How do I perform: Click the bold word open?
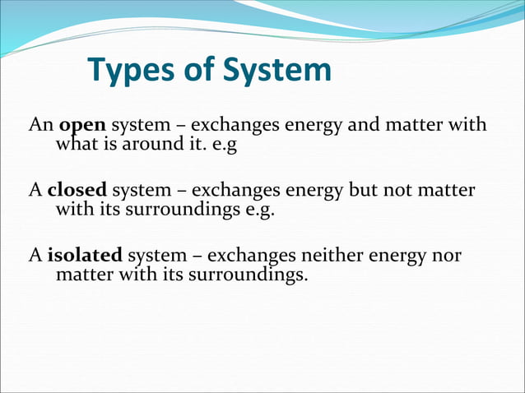pyautogui.click(x=82, y=127)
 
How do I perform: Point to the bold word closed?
pyautogui.click(x=77, y=190)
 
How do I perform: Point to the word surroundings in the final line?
pyautogui.click(x=249, y=274)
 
